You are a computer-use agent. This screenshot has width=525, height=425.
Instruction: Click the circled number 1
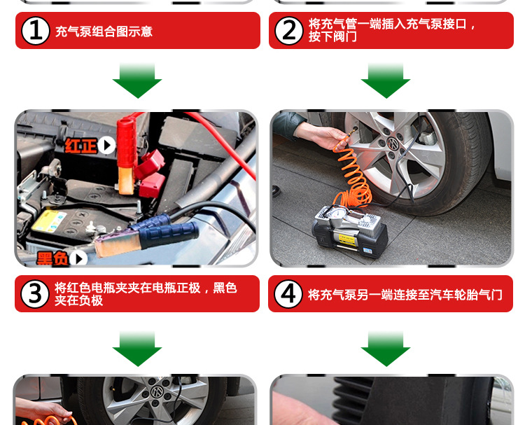(x=36, y=31)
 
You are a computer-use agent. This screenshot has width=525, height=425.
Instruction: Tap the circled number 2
(x=289, y=31)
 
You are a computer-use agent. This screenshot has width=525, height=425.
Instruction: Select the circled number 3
(x=35, y=294)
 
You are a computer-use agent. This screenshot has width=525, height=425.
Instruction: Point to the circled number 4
(x=288, y=294)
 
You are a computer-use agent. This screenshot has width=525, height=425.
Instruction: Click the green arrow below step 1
(x=137, y=81)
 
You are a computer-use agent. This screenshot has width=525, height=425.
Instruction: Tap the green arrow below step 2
(x=386, y=81)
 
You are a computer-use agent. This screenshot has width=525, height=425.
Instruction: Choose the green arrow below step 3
(x=137, y=349)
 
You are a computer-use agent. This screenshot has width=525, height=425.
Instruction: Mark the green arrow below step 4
(x=386, y=349)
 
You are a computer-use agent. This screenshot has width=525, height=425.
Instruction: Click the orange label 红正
(x=80, y=146)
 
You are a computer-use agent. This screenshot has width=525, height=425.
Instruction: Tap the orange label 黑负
(x=53, y=258)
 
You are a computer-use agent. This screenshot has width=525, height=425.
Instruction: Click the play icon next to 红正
(x=107, y=146)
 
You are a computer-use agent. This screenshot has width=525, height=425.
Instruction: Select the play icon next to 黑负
(x=79, y=258)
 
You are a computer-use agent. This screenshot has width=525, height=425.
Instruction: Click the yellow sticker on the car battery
(x=49, y=222)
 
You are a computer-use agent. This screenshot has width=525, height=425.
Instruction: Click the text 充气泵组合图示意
(x=104, y=32)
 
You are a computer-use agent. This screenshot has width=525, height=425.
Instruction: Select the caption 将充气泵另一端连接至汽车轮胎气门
(x=405, y=295)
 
